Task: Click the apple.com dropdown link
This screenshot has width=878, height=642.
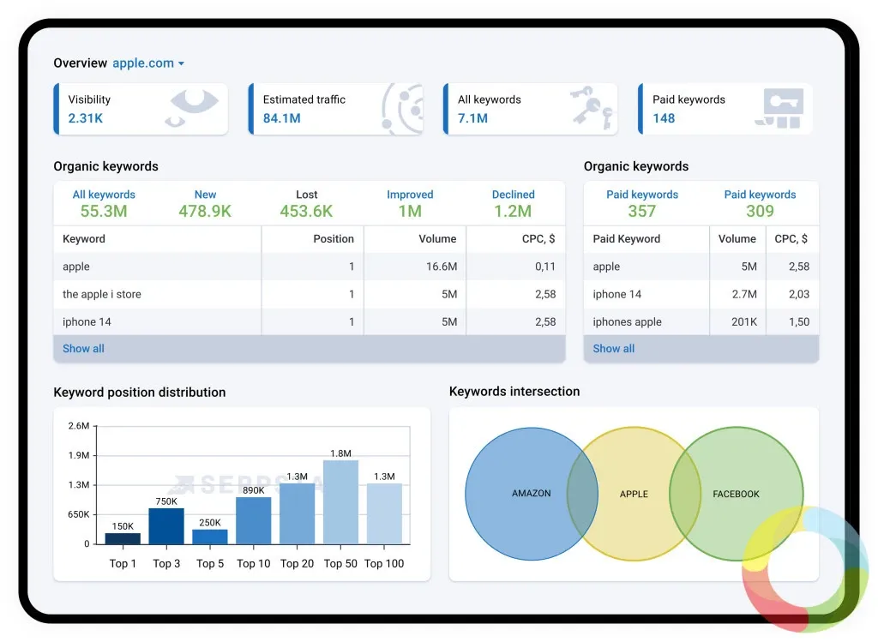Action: pyautogui.click(x=148, y=63)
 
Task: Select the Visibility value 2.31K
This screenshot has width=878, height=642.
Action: pyautogui.click(x=86, y=118)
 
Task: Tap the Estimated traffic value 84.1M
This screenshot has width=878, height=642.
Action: pyautogui.click(x=281, y=118)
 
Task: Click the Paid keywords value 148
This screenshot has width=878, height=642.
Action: pyautogui.click(x=664, y=118)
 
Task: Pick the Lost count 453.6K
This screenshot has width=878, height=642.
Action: pyautogui.click(x=306, y=211)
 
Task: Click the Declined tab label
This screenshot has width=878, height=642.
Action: pyautogui.click(x=513, y=195)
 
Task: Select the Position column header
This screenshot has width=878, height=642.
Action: pyautogui.click(x=334, y=239)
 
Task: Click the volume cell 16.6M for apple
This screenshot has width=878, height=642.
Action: pyautogui.click(x=442, y=267)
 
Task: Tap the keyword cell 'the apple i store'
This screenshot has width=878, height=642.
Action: pyautogui.click(x=102, y=294)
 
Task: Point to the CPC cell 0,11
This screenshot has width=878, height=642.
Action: pyautogui.click(x=544, y=267)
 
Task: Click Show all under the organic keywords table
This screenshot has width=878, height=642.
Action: pyautogui.click(x=83, y=349)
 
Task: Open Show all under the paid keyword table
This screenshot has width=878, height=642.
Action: pyautogui.click(x=614, y=349)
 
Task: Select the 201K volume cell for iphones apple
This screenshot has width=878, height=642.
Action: pyautogui.click(x=744, y=321)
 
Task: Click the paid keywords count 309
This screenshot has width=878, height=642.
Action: pyautogui.click(x=760, y=211)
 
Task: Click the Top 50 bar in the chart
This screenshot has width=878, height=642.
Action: pyautogui.click(x=340, y=502)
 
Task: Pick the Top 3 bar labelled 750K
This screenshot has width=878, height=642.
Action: pyautogui.click(x=166, y=526)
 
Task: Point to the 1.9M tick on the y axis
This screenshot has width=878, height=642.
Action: pyautogui.click(x=79, y=456)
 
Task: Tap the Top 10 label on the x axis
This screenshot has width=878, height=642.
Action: pyautogui.click(x=254, y=564)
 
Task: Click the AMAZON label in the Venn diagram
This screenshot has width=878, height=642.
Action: pyautogui.click(x=532, y=494)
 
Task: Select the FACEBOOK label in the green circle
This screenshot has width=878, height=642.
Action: pyautogui.click(x=736, y=495)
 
